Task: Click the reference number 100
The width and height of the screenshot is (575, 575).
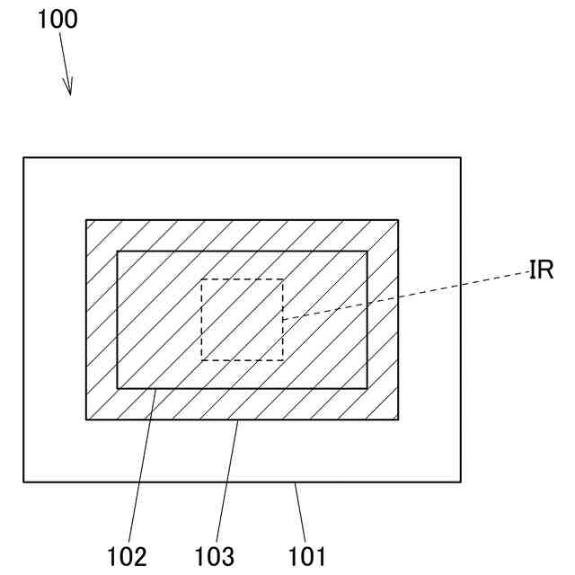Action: click(57, 19)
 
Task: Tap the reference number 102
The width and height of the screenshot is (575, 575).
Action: click(127, 556)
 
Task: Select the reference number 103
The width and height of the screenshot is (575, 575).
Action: click(214, 556)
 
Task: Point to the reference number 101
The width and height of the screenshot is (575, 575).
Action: click(307, 556)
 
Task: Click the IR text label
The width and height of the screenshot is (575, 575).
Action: click(540, 270)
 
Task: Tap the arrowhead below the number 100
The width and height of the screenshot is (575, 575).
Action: click(69, 88)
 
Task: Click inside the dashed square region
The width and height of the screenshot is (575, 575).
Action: click(241, 319)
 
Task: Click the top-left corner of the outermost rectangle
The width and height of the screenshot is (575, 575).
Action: click(23, 158)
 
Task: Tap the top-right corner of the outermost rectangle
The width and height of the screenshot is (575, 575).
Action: click(461, 158)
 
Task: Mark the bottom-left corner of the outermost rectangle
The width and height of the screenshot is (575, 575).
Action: click(23, 482)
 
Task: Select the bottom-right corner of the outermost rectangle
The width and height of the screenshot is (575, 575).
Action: click(461, 482)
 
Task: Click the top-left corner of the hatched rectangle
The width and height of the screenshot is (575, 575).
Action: click(86, 219)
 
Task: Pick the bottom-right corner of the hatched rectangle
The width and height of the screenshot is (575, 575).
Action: click(398, 420)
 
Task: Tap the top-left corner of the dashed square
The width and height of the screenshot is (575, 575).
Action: click(201, 279)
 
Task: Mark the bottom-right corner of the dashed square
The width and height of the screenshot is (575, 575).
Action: click(282, 360)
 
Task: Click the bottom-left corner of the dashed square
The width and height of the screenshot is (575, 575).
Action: click(201, 360)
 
